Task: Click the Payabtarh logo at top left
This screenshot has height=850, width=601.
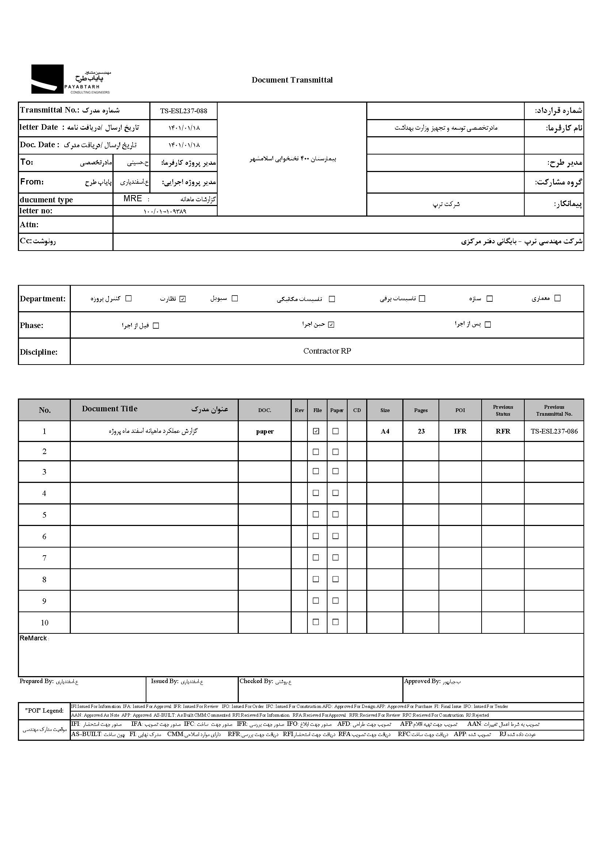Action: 70,79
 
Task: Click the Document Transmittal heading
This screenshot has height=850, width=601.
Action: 292,80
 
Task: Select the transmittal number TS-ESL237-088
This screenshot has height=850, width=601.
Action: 184,111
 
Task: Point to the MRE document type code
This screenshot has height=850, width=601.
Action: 133,199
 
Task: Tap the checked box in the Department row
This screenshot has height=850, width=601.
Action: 183,299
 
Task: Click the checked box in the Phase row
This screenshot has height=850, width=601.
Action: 331,325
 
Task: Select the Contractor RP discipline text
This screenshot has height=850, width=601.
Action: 327,351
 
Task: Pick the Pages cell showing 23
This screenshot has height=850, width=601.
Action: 421,431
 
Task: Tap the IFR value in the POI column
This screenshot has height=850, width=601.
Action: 460,431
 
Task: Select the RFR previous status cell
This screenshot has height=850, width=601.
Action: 502,431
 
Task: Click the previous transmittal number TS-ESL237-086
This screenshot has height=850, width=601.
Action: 554,431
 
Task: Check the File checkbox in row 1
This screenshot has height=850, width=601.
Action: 316,431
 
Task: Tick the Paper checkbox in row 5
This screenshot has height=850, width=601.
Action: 336,514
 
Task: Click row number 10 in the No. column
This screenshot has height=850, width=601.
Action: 45,623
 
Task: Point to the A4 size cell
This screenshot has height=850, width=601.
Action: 385,431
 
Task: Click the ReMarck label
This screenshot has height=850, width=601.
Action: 33,638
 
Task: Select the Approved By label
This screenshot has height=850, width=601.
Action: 422,681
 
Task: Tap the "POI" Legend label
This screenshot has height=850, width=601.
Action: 45,710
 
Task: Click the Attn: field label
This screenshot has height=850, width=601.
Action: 29,225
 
